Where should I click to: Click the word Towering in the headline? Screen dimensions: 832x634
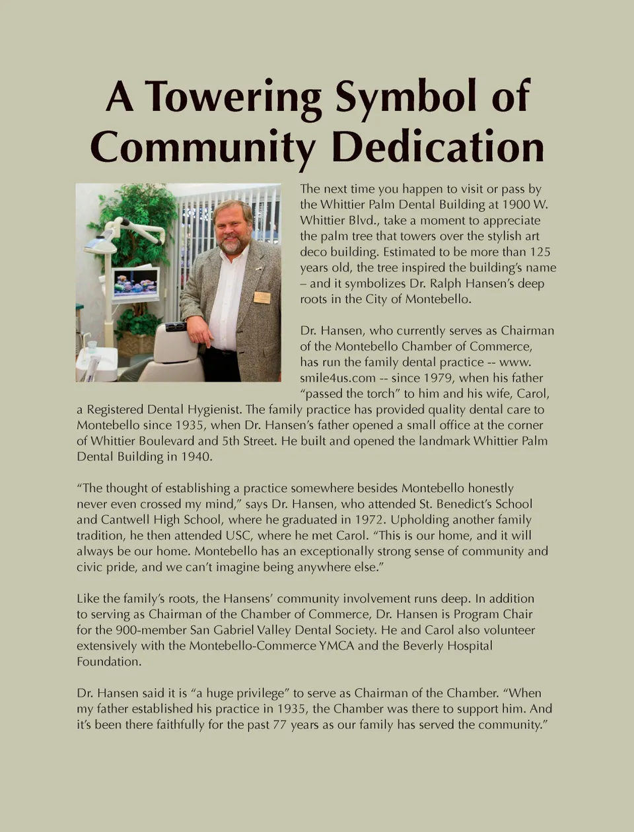[x=233, y=97]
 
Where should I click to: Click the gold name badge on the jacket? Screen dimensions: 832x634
[x=262, y=298]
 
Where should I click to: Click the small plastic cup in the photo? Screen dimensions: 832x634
[x=92, y=345]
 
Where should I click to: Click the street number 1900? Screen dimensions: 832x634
[x=516, y=205]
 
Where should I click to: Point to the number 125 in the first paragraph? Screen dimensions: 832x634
[x=540, y=252]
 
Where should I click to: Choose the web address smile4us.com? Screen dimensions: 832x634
[x=337, y=378]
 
